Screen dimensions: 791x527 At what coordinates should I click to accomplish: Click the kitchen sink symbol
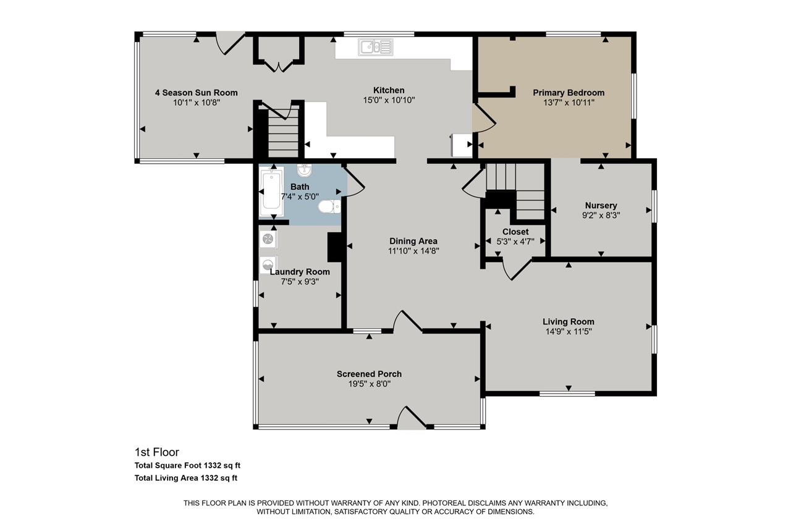click(375, 47)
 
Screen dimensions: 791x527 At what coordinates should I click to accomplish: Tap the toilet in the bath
click(329, 206)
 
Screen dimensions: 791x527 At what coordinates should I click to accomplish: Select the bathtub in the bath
click(271, 192)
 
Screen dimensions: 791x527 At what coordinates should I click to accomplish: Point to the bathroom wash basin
click(304, 171)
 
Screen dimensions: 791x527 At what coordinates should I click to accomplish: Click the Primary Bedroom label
click(569, 93)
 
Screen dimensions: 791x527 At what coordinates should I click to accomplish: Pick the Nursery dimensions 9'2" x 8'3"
click(601, 216)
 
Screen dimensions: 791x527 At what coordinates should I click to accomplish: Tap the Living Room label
click(569, 321)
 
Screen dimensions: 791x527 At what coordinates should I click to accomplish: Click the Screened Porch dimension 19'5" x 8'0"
click(370, 384)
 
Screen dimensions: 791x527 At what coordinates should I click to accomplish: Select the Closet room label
click(515, 232)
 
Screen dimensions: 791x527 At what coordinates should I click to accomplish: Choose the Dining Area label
click(413, 241)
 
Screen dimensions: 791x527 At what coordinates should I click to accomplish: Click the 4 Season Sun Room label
click(197, 93)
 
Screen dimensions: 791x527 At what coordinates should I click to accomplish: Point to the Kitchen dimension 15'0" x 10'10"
click(389, 100)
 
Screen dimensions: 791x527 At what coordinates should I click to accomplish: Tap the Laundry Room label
click(300, 272)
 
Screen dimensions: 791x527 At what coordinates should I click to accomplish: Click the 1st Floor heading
click(157, 452)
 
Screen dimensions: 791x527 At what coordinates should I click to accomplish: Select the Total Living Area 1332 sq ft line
click(186, 478)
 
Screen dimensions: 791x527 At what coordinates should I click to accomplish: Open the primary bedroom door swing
click(485, 118)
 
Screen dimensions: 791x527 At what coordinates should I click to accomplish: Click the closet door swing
click(517, 269)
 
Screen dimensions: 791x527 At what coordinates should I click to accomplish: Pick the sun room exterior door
click(231, 43)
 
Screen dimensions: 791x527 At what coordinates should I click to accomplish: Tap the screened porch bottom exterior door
click(412, 418)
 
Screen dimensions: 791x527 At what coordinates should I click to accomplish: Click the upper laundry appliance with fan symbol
click(268, 239)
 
